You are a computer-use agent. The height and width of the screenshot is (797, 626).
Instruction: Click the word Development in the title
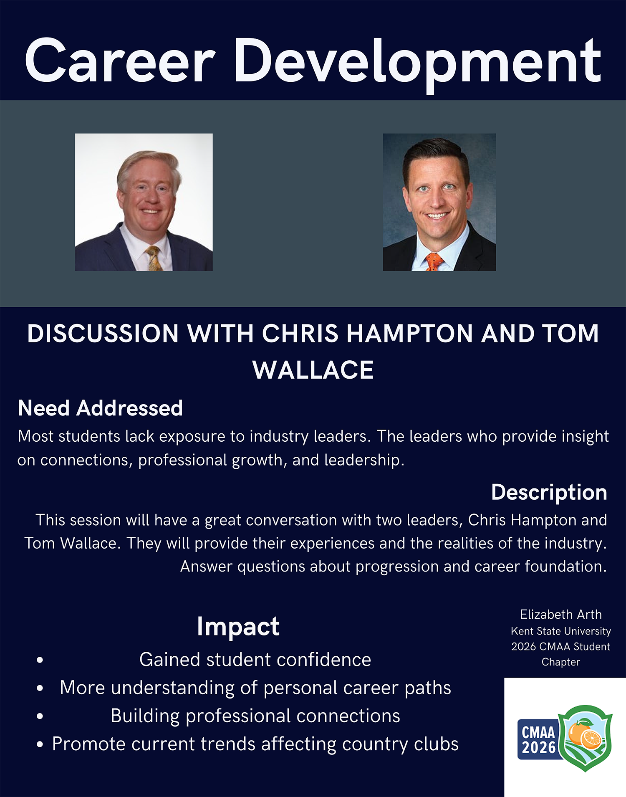418,65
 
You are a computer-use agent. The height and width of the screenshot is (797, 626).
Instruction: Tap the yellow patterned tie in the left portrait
153,258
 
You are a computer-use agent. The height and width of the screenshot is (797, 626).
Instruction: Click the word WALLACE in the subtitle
313,370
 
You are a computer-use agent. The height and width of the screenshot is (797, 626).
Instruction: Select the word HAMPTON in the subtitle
409,334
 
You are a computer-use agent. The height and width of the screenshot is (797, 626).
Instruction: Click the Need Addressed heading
101,408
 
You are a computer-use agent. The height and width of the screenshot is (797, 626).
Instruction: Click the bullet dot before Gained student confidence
40,660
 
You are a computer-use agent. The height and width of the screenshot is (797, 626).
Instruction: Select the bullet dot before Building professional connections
40,716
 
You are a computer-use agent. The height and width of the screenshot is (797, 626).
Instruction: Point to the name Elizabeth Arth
561,615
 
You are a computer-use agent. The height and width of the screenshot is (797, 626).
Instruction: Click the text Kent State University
561,631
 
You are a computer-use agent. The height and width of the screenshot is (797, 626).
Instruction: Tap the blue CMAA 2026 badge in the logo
538,739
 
